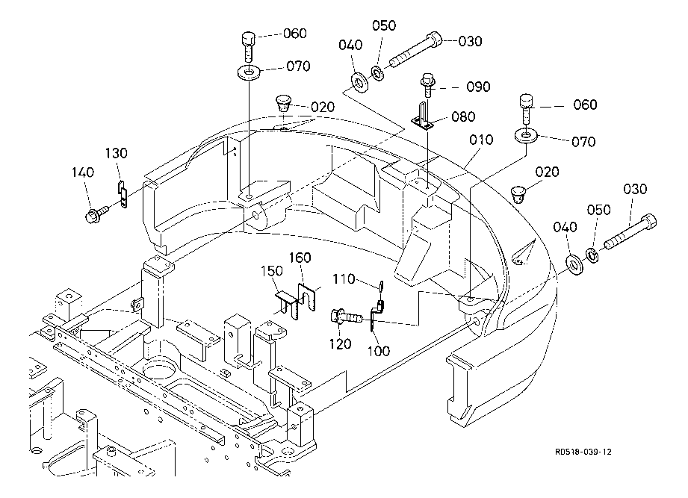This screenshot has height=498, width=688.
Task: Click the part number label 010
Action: (x=481, y=140)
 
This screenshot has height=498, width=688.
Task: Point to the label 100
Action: (x=379, y=350)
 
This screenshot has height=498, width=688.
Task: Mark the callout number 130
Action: (x=116, y=153)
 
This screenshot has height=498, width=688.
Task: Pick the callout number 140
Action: (x=83, y=172)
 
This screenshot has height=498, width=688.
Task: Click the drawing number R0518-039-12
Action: (x=589, y=452)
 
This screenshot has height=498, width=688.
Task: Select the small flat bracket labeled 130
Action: (x=123, y=195)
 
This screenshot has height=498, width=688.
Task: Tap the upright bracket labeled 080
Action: (x=424, y=117)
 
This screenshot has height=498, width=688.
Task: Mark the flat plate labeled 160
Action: (x=306, y=299)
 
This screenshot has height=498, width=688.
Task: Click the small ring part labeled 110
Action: (x=381, y=286)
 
